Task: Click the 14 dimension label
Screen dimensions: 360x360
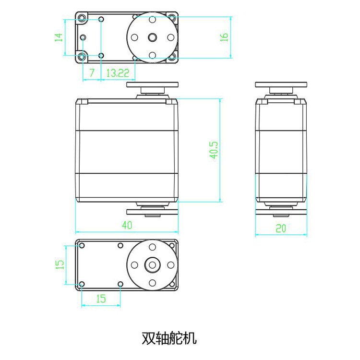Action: (x=59, y=37)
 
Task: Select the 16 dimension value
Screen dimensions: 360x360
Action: (x=224, y=37)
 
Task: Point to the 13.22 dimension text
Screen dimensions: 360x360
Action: (x=118, y=73)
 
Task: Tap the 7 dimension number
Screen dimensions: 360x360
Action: (x=92, y=73)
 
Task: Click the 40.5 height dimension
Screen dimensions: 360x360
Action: (x=214, y=150)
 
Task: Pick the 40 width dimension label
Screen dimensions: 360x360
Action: (x=127, y=225)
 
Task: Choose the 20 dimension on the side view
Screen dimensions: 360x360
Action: (x=281, y=228)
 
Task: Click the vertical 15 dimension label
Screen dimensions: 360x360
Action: (x=60, y=264)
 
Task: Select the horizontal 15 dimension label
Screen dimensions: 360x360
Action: (x=101, y=299)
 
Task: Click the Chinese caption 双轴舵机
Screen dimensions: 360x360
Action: (x=169, y=338)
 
